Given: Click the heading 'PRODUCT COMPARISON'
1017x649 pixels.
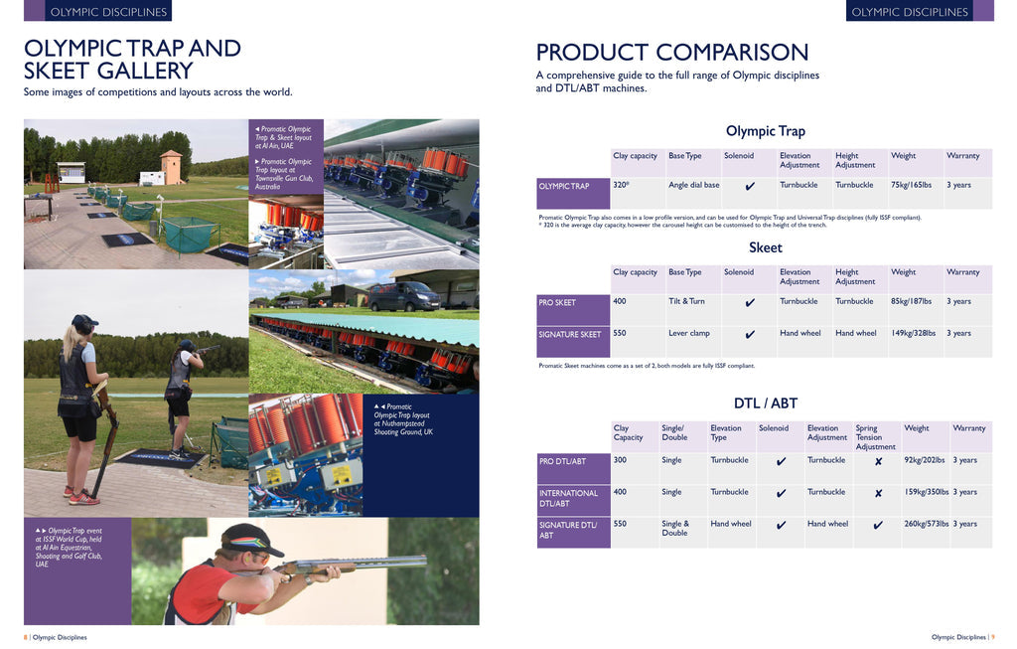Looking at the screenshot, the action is (x=672, y=52).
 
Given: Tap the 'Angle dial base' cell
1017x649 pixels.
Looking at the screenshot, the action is (x=694, y=185).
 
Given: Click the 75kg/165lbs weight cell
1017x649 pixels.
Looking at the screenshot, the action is (x=912, y=185).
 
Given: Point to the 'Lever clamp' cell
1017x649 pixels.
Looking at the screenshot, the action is (x=689, y=333).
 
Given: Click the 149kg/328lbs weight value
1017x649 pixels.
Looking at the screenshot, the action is (x=914, y=333).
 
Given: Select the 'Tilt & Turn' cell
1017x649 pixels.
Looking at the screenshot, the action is (x=686, y=301).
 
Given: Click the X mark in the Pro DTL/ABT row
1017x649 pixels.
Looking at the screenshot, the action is (x=878, y=461).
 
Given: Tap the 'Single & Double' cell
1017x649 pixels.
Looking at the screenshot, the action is (x=675, y=529).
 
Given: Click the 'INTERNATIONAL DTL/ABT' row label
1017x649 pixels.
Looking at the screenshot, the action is (x=569, y=499).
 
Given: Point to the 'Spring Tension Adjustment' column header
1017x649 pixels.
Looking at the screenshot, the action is (x=876, y=437).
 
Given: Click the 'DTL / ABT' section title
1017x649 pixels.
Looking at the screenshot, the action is (x=766, y=404).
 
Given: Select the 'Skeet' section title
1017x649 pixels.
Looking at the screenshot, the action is (x=766, y=247).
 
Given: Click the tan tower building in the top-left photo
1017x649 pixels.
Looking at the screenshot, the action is (x=172, y=167).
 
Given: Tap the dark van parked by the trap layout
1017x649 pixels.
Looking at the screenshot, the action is (x=404, y=296).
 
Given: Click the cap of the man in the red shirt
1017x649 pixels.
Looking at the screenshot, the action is (x=251, y=538).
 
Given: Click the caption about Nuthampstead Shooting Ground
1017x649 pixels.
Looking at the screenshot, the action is (x=403, y=419).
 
